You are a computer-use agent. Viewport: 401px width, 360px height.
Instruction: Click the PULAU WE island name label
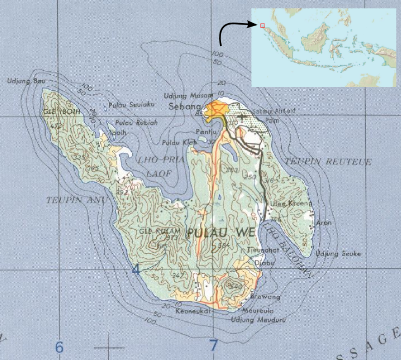click(x=221, y=233)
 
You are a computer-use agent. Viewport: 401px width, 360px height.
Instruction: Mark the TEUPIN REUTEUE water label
click(x=328, y=162)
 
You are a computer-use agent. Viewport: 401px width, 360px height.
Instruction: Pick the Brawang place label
click(x=268, y=296)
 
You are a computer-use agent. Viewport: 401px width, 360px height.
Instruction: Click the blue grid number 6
click(x=60, y=346)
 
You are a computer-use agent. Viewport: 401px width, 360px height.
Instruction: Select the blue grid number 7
click(x=214, y=345)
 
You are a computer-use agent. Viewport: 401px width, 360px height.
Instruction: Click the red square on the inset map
click(x=262, y=25)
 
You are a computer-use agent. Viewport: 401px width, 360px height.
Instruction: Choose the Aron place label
click(x=324, y=223)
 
